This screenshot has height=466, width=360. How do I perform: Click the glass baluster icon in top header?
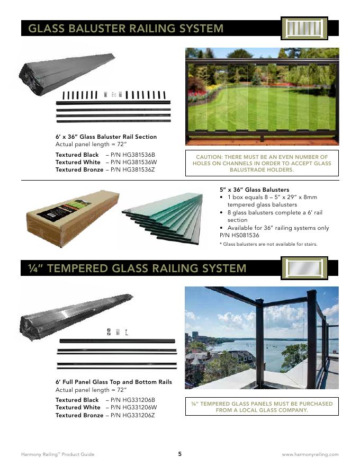pos(304,28)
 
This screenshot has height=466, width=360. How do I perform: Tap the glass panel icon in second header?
pos(304,268)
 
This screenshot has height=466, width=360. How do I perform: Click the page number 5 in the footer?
pos(180,454)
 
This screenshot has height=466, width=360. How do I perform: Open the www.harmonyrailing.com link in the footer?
pos(310,454)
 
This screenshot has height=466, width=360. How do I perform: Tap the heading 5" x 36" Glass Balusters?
pos(254,190)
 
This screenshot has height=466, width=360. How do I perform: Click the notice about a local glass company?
pos(262,407)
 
